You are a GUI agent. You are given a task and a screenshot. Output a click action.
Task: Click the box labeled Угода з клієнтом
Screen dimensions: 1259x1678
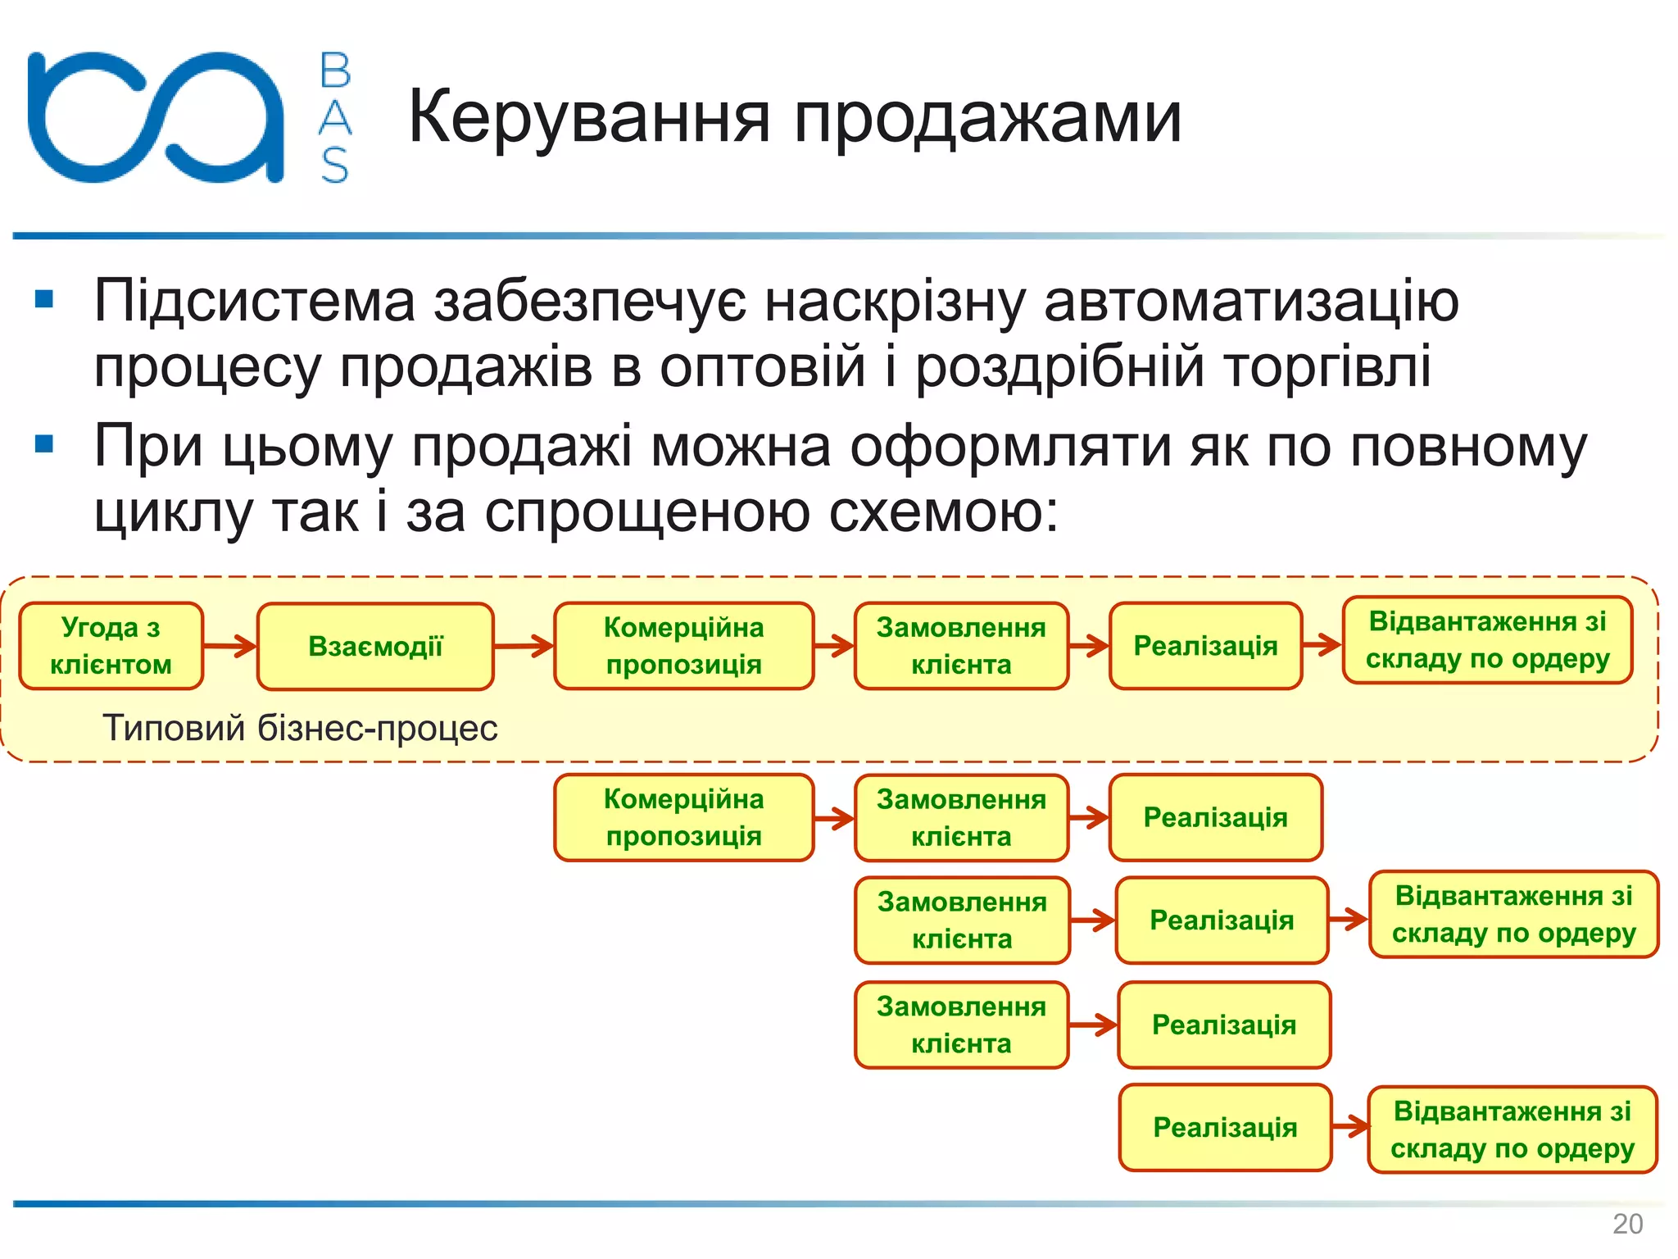pos(111,646)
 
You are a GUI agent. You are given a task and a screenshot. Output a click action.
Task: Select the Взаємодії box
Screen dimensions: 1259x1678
pos(375,647)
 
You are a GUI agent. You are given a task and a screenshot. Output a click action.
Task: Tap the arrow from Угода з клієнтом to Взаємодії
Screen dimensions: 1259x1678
pos(230,646)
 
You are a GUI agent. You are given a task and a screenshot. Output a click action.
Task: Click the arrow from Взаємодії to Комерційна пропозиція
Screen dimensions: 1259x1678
pos(524,646)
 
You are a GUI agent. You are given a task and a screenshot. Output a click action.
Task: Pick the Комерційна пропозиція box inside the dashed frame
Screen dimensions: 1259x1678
pos(684,646)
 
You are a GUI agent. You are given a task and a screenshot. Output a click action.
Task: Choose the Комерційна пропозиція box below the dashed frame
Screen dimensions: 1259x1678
pos(684,817)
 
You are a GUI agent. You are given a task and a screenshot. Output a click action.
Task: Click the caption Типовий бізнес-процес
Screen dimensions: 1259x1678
pos(300,728)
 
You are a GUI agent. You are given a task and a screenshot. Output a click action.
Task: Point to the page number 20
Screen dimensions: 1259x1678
pos(1627,1224)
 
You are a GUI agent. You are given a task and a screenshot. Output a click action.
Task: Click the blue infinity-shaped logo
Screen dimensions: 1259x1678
pos(156,116)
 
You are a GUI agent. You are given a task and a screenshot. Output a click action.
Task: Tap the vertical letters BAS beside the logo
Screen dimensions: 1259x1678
pos(334,117)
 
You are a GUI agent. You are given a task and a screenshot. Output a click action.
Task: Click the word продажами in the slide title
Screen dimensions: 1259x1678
pos(987,117)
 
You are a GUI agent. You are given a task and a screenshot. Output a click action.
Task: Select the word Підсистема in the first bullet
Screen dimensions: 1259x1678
pos(255,301)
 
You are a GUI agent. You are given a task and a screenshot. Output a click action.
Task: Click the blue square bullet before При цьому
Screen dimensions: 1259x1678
pos(44,445)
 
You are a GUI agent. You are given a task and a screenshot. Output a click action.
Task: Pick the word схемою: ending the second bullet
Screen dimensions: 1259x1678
pos(944,512)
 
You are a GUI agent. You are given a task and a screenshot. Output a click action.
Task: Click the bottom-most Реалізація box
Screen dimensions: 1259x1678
pos(1225,1128)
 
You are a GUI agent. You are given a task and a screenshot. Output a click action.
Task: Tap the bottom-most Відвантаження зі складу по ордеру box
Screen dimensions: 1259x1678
pos(1512,1129)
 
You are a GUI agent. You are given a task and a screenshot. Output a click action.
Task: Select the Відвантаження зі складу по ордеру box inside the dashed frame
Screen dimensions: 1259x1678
pos(1487,640)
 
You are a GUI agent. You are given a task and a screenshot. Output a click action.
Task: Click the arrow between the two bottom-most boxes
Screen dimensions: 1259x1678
pos(1350,1127)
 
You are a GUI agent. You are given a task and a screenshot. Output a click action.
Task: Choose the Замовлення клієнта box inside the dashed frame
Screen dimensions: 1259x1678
pos(961,646)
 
